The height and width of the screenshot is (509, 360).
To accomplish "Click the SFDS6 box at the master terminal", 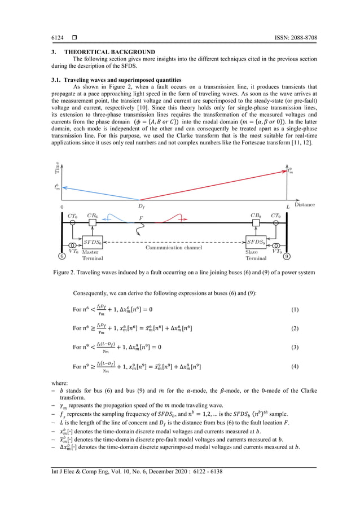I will coord(93,242).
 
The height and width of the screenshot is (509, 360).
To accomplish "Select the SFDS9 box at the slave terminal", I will coord(256,242).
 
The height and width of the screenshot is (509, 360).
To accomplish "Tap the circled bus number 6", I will coord(62,256).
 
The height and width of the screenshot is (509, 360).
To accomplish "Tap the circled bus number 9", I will coord(287,256).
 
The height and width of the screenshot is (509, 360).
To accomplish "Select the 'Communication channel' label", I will coord(175,247).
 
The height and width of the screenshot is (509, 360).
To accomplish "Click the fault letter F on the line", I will coord(141,218).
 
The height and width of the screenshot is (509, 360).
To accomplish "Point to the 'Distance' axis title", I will coord(304,204).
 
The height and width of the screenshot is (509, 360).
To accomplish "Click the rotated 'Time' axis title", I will coord(57,166).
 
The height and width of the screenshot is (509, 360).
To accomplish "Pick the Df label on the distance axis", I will coord(142,207).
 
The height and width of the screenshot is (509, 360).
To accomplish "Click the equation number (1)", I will coord(294,310).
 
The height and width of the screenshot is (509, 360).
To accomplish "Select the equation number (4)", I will coord(294,367).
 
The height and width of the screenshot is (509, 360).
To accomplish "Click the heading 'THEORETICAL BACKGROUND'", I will coord(105,51).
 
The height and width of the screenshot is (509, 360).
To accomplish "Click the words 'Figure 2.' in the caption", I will coord(65,273).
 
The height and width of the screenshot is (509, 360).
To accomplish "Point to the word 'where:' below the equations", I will coord(59,382).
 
